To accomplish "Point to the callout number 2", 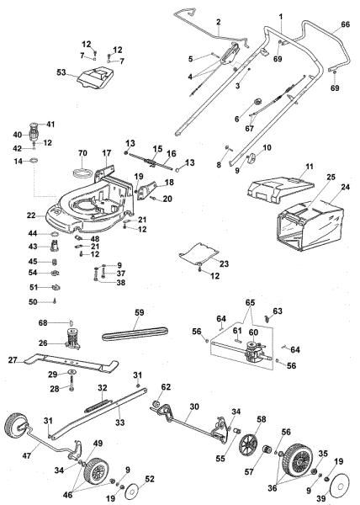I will (217, 20).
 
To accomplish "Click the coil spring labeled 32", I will (103, 401).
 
